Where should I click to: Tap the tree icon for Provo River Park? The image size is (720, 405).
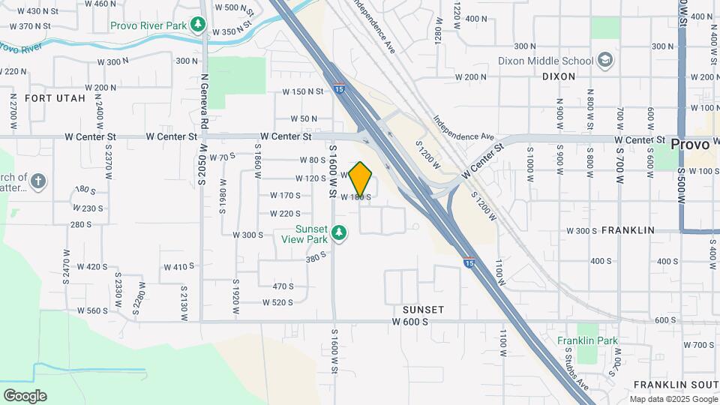(198, 25)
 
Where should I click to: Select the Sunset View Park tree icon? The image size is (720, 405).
(340, 234)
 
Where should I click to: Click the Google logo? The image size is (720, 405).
(25, 396)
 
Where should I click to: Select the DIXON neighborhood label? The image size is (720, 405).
(559, 76)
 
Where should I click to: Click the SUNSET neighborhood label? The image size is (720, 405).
(423, 310)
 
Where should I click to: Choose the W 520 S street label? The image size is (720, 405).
(277, 303)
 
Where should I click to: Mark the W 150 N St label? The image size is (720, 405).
(302, 91)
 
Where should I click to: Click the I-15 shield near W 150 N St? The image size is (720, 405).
(339, 88)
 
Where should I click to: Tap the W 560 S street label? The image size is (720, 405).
(93, 310)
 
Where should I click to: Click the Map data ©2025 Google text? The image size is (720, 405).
(672, 399)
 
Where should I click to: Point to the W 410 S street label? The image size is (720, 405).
(178, 266)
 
